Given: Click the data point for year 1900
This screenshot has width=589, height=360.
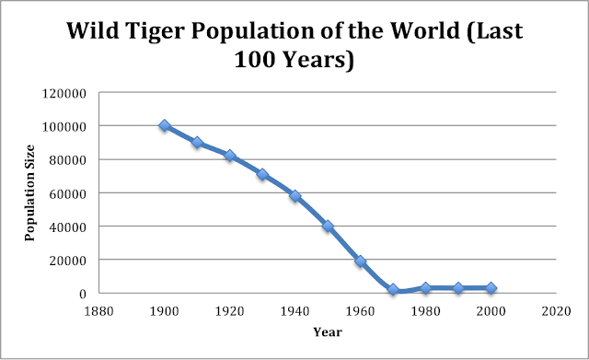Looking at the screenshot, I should point(165,126).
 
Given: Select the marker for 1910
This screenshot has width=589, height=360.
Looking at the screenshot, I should point(197,143).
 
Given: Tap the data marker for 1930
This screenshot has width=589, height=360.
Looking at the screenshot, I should point(262,174).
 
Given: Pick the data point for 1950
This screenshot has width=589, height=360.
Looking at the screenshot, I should point(328,226).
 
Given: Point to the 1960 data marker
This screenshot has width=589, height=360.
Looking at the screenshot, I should point(360,261).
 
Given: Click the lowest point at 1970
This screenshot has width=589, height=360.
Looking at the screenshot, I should point(393,290).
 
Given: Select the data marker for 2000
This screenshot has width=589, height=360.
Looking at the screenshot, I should point(491,288).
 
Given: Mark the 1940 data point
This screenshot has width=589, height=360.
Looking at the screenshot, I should point(294,196).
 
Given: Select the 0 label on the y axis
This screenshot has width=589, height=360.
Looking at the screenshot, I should point(84,293).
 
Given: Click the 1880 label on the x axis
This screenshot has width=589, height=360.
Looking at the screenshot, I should point(99,311).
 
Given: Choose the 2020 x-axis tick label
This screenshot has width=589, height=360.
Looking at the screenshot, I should point(556,311).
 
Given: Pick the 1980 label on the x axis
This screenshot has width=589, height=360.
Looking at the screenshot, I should point(425,311).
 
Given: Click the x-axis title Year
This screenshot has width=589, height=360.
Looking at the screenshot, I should point(327,331).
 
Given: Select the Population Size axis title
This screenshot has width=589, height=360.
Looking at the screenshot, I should point(29,192).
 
